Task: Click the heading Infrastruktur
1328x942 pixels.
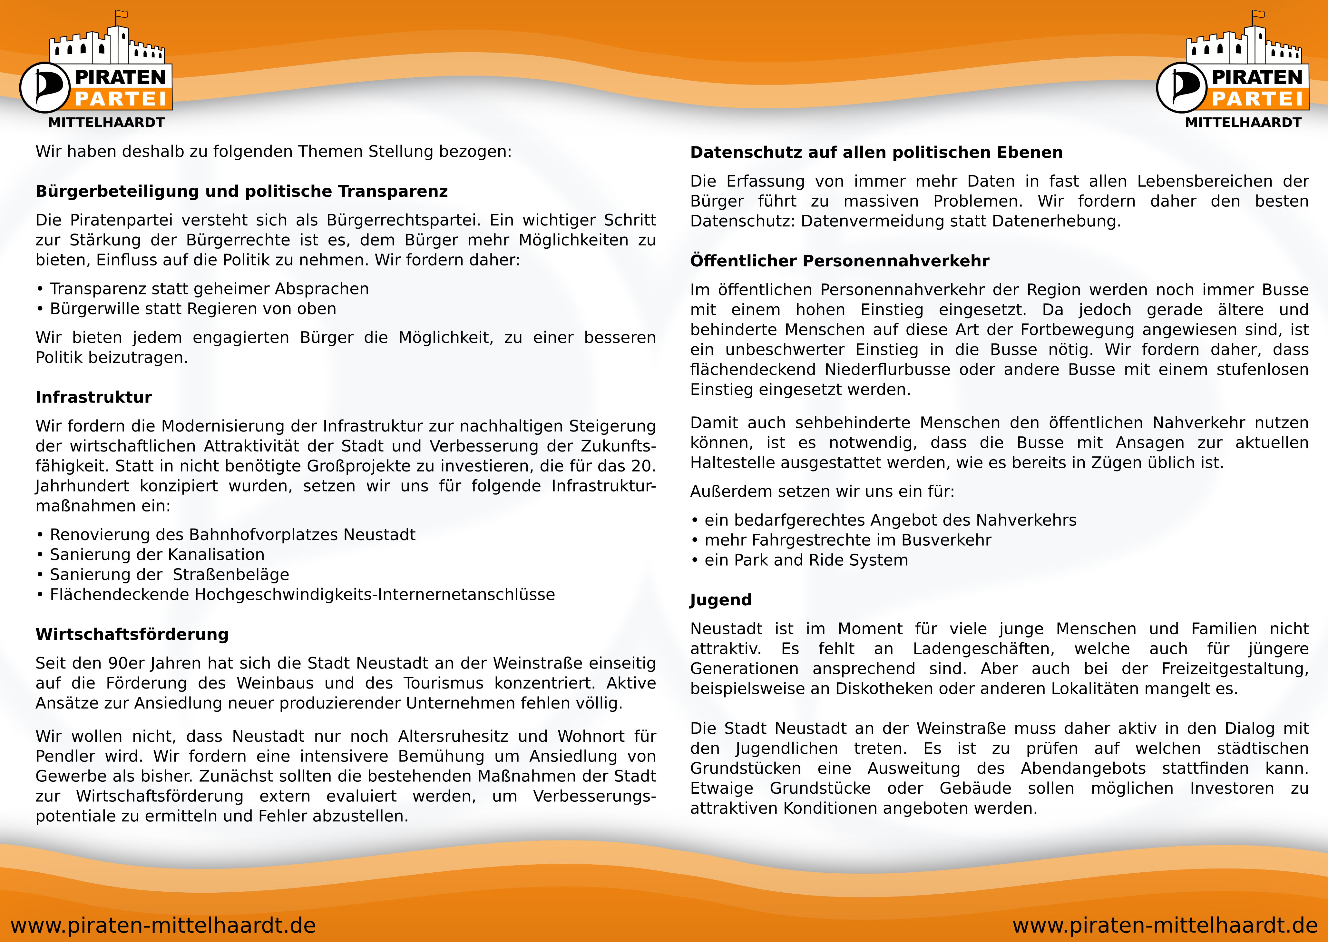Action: (x=93, y=397)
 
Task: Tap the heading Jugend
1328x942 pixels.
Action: (x=720, y=600)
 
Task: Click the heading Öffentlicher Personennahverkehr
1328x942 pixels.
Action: (x=839, y=261)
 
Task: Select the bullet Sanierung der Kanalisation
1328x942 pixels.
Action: (x=157, y=555)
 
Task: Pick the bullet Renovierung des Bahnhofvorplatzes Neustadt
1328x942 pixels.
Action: (x=232, y=535)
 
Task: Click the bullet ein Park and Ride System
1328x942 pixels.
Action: (x=806, y=560)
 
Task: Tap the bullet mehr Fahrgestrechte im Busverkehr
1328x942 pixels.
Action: (x=847, y=540)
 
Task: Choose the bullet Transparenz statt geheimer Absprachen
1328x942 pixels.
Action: (x=209, y=289)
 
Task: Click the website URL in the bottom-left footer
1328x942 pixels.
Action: (x=163, y=925)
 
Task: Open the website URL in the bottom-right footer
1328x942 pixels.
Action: (x=1165, y=925)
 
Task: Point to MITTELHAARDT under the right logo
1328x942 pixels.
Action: (x=1243, y=123)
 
